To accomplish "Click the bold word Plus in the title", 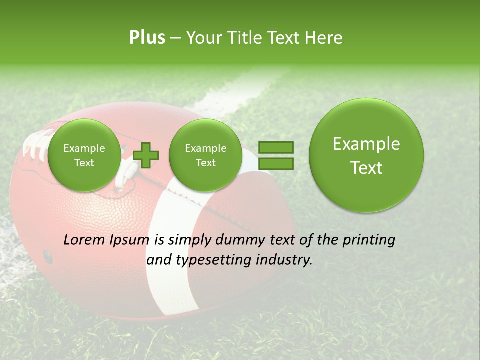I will click(x=147, y=38).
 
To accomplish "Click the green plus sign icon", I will click(x=146, y=155).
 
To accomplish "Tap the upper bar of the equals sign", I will click(x=275, y=147).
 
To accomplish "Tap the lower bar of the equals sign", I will click(x=275, y=163).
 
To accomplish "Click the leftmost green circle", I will click(x=84, y=155).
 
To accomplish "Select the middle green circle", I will click(x=205, y=155).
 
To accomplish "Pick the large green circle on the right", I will click(x=366, y=155).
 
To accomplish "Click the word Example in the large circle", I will click(x=366, y=144).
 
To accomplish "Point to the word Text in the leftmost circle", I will click(x=84, y=163).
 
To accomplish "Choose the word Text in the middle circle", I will click(x=205, y=163).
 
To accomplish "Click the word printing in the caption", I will click(x=369, y=240).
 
